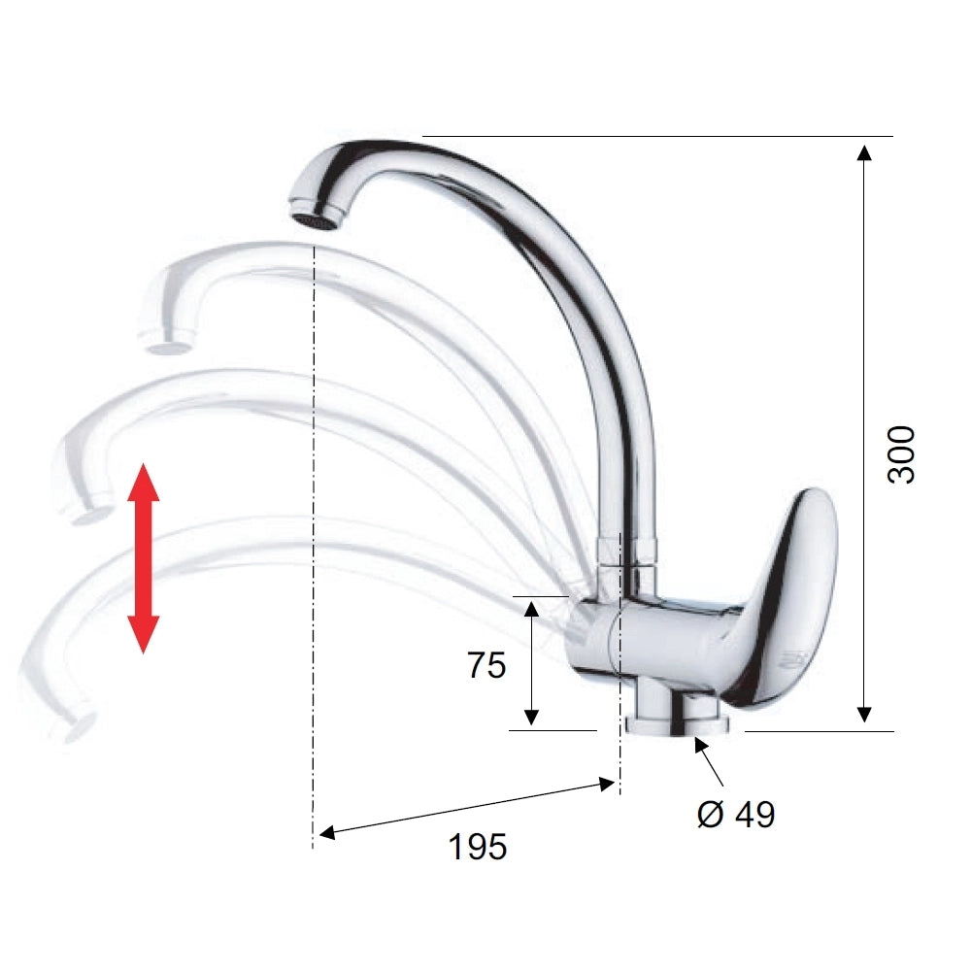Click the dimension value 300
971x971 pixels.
[900, 454]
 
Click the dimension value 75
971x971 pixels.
[486, 665]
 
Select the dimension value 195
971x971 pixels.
[478, 847]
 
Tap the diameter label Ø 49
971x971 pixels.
[736, 814]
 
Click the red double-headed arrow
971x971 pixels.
[143, 558]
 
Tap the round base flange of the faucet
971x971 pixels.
[678, 725]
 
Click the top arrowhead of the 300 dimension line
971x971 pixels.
[864, 152]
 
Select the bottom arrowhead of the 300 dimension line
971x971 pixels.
[864, 715]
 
